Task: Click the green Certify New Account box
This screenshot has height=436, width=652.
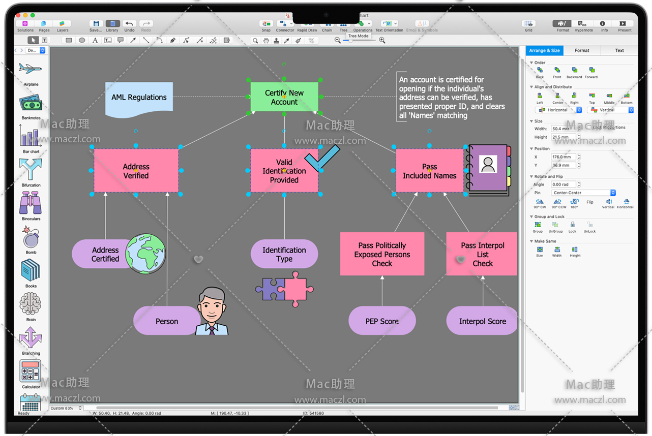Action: click(x=284, y=97)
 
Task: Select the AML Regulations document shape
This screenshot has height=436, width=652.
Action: click(x=139, y=98)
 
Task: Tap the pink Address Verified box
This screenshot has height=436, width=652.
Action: click(x=136, y=171)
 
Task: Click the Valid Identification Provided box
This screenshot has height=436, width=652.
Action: click(x=284, y=171)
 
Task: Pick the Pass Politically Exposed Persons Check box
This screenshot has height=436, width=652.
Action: click(x=382, y=254)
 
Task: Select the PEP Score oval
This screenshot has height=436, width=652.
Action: click(x=382, y=321)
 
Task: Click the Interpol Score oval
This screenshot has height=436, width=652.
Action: click(x=482, y=321)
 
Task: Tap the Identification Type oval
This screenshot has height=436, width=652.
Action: click(x=284, y=254)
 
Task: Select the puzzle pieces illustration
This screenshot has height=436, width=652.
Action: click(x=285, y=289)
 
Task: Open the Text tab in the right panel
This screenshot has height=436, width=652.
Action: click(x=619, y=51)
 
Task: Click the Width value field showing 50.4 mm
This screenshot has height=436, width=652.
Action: click(x=563, y=129)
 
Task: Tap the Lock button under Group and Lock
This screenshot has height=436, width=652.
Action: click(x=572, y=225)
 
